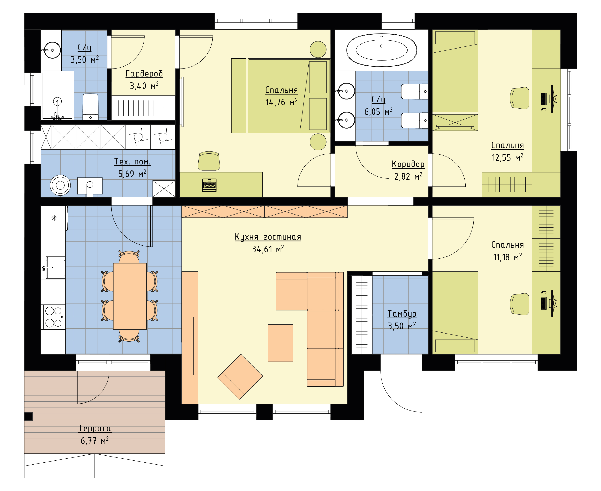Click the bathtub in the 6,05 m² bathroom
(x=381, y=50)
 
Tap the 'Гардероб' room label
(x=144, y=74)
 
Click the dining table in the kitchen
(x=130, y=296)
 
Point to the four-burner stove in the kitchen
(x=54, y=317)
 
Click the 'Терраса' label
(x=95, y=429)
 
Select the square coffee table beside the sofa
(x=280, y=343)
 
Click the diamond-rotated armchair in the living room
(x=240, y=377)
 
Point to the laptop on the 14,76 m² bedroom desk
(x=209, y=185)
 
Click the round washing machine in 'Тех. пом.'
(x=60, y=185)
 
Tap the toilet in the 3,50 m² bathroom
(x=90, y=107)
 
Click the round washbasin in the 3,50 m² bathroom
(x=52, y=50)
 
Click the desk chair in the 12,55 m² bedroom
(x=520, y=98)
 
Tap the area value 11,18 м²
(x=507, y=257)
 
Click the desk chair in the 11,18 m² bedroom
(x=520, y=304)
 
